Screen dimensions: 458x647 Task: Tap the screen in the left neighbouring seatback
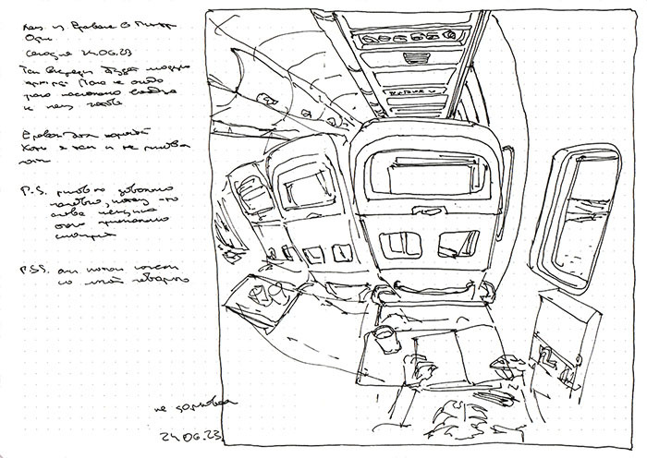tap(300, 190)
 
